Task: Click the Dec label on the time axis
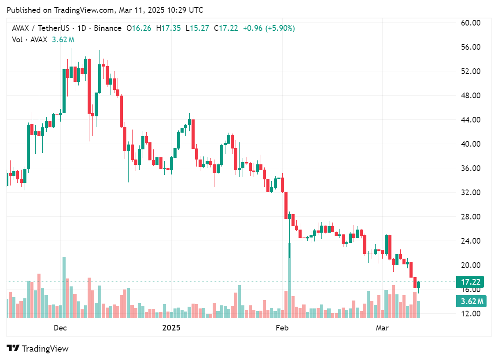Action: click(60, 328)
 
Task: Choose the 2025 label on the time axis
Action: click(172, 328)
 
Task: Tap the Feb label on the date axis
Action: click(282, 328)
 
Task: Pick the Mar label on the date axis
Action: click(382, 328)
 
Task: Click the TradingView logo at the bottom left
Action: click(38, 349)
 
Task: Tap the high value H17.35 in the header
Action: click(171, 28)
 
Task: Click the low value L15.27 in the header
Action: click(198, 28)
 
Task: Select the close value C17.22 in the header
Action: click(226, 28)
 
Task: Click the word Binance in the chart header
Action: click(107, 28)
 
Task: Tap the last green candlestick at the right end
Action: click(418, 285)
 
